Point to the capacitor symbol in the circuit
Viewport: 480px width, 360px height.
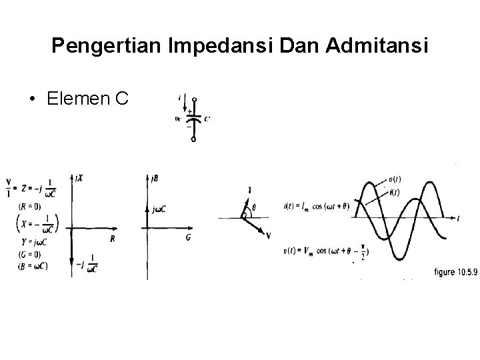click(193, 118)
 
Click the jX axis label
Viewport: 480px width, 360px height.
click(80, 178)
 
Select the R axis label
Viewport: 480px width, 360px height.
click(112, 238)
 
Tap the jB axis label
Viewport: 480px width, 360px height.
click(155, 178)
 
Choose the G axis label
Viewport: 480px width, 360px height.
click(188, 237)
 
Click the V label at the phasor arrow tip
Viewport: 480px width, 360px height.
click(268, 235)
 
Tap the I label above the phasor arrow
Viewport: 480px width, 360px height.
click(249, 191)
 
